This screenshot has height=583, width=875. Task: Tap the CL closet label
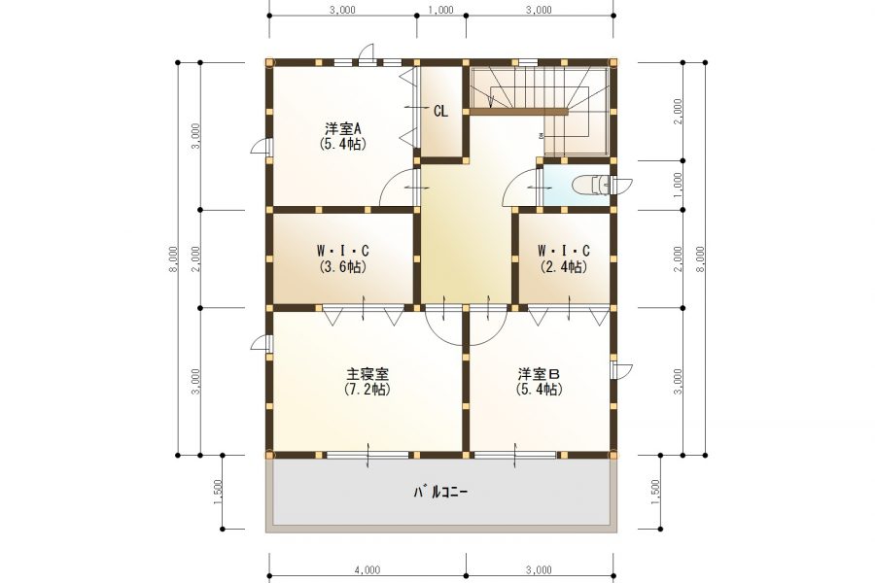click(440, 112)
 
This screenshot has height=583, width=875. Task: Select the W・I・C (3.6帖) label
click(342, 258)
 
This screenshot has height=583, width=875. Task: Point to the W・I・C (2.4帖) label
click(564, 258)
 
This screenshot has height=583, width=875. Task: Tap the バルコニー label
click(440, 492)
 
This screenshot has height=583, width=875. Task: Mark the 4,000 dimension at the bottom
click(367, 569)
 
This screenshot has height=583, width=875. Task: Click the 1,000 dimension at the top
click(440, 10)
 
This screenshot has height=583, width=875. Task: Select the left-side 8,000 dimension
click(174, 259)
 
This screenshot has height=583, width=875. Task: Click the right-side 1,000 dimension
click(678, 186)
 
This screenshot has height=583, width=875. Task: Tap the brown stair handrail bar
click(519, 112)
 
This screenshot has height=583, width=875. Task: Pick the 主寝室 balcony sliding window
click(367, 456)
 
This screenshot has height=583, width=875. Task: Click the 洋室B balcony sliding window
click(515, 456)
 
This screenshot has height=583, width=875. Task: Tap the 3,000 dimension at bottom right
click(539, 569)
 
